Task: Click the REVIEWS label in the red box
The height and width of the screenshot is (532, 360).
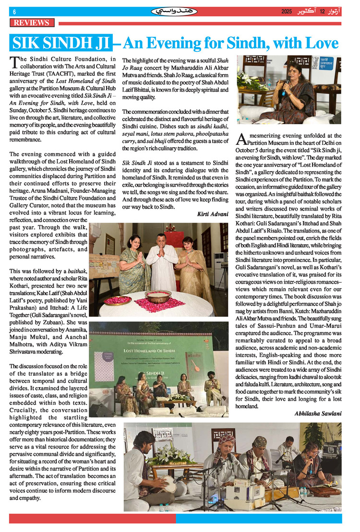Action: (32, 23)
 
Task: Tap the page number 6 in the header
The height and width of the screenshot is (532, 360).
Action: (14, 12)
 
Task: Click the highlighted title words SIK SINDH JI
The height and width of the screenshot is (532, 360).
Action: (60, 44)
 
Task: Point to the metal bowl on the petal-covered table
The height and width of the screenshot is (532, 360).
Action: (158, 296)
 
